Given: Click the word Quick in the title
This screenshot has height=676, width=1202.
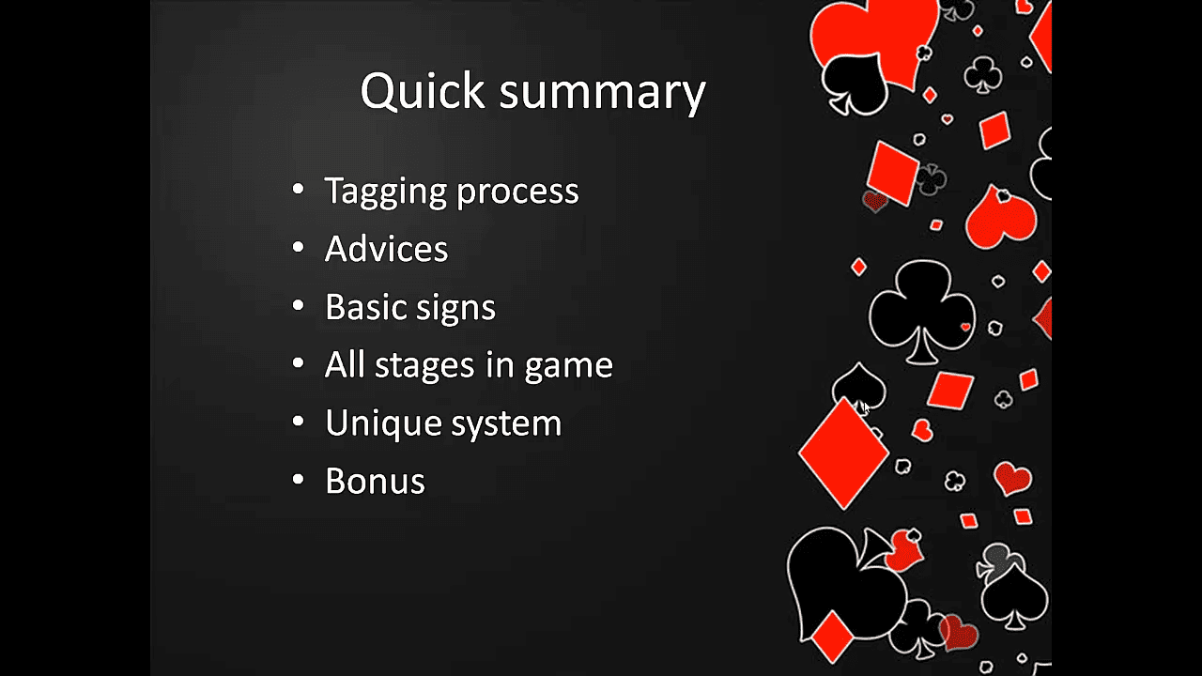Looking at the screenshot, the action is click(423, 91).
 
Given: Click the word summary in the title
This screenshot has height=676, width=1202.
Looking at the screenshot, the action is click(603, 95).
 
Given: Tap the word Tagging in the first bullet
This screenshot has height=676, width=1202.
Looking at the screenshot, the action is click(385, 192).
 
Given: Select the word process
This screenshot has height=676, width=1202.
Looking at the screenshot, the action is click(517, 194).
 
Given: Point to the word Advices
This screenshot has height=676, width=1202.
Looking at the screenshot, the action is click(386, 249).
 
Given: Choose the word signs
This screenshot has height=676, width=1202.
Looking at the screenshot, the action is click(456, 310).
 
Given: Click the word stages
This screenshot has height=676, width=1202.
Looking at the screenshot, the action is click(424, 367).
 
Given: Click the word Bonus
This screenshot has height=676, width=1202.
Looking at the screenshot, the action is click(375, 481).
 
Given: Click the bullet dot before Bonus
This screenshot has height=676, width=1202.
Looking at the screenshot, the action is click(298, 479).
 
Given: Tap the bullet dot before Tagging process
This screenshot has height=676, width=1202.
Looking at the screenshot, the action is click(298, 189).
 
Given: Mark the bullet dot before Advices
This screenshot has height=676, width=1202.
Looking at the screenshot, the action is click(298, 247).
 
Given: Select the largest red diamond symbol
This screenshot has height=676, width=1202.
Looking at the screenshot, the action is click(843, 453).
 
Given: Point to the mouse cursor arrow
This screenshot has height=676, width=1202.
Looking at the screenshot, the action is click(867, 407).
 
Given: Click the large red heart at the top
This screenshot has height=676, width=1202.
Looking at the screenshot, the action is click(874, 38).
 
